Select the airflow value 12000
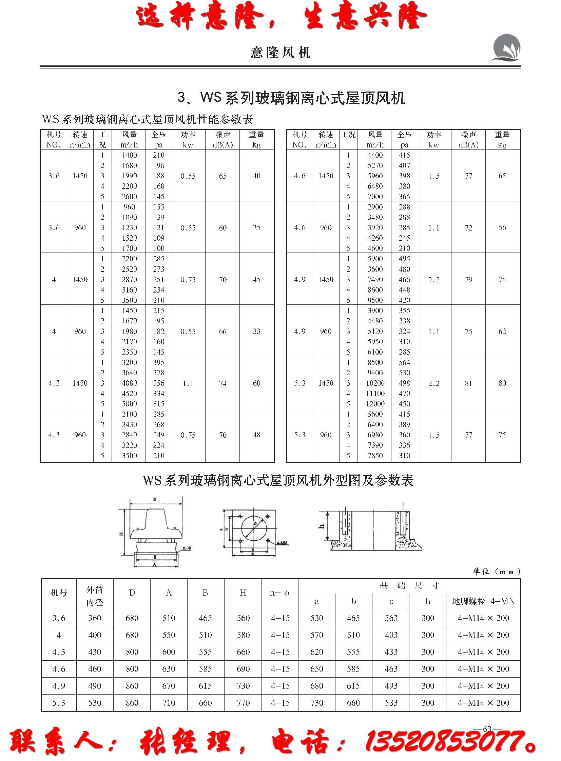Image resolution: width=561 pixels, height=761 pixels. coord(375,404)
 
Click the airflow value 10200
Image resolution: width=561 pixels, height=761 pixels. coord(375,383)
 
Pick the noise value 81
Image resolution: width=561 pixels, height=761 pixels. coord(468,383)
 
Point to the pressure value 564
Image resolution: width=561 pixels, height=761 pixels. coord(404,362)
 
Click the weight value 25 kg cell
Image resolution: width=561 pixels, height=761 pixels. coord(256,227)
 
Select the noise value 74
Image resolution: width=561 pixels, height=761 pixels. coord(223,383)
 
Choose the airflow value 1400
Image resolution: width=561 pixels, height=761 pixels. coord(129,155)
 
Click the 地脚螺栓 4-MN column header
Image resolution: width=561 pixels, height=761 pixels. coord(483,601)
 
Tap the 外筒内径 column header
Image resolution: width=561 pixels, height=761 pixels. coord(94,596)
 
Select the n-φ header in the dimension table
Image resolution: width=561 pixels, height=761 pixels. coord(280,593)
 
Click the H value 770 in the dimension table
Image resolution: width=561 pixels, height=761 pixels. coord(243,702)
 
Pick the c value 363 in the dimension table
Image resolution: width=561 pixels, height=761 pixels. coord(391,618)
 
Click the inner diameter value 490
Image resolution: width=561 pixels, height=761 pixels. coord(94,685)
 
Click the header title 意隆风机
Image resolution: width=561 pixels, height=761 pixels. coord(280,53)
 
